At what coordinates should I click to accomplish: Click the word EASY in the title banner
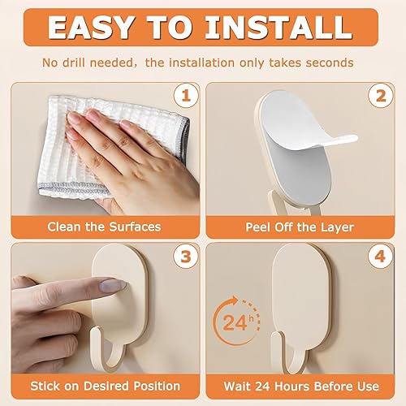91,27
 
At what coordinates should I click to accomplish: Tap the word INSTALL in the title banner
279,27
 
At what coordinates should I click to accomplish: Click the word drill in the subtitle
73,63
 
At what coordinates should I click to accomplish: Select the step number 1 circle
186,96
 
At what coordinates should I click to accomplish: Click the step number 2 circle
381,96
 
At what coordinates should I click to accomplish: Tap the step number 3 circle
186,256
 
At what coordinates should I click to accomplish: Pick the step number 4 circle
380,256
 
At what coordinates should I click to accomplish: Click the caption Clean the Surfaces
104,227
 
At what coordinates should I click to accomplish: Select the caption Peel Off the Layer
300,227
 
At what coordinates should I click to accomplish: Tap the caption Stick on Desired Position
105,386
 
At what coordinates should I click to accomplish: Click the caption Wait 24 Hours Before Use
301,387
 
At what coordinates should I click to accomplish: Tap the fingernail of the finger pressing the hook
113,286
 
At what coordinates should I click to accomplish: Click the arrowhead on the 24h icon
233,301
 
